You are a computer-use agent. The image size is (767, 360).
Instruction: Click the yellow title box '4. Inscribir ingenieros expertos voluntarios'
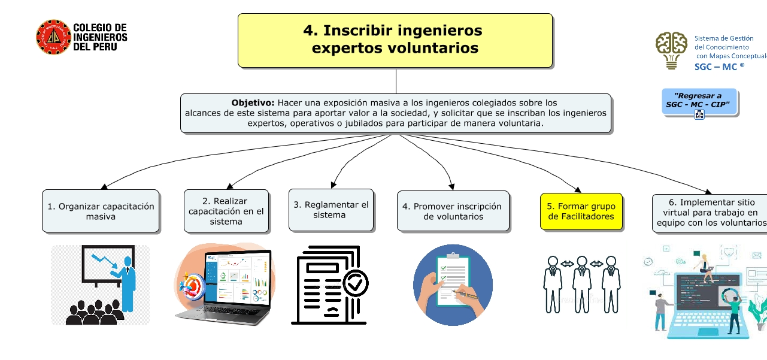[395, 40]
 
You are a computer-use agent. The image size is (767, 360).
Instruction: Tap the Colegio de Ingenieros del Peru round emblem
[53, 37]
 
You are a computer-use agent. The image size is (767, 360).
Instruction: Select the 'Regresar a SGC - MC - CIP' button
[699, 100]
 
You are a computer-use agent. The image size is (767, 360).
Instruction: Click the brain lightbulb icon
[671, 50]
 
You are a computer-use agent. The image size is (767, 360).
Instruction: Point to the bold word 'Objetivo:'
[253, 103]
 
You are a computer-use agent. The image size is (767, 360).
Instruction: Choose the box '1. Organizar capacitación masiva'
[101, 211]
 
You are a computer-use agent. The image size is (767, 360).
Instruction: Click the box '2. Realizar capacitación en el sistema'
[226, 211]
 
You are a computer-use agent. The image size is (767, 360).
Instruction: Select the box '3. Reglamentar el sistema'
[331, 210]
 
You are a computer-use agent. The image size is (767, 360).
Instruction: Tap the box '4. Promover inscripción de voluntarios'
[452, 211]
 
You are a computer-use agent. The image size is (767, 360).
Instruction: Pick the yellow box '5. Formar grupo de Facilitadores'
[581, 211]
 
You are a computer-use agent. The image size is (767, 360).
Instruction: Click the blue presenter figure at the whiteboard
[126, 282]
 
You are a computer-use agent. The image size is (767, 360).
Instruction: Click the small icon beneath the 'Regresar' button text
[699, 115]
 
